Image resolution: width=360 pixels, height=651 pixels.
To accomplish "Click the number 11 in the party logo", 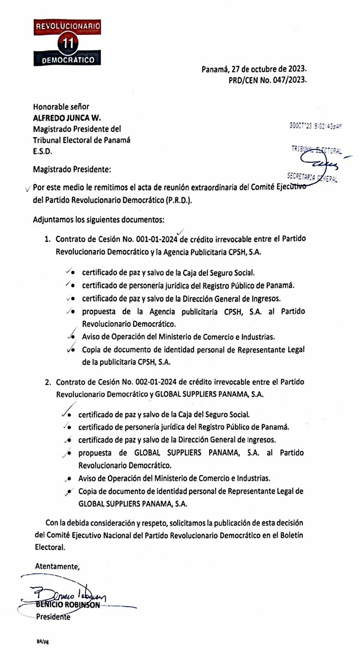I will [x=68, y=44].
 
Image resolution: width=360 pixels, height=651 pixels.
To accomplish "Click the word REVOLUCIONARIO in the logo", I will [x=68, y=28].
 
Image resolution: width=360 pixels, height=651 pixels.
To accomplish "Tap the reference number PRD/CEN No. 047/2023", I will [x=268, y=79].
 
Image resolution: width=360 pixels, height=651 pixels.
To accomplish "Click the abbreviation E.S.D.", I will [x=42, y=151].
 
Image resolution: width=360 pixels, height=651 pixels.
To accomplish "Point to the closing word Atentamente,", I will [x=58, y=567].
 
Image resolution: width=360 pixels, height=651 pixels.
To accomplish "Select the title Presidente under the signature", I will [x=54, y=617].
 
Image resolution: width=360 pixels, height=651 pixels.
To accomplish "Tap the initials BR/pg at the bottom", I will [x=42, y=642].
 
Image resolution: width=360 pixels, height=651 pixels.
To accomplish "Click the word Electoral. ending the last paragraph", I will [x=50, y=547].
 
